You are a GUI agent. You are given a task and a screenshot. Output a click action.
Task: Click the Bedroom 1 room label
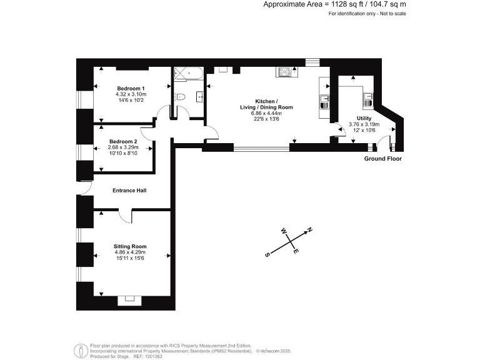click(131, 88)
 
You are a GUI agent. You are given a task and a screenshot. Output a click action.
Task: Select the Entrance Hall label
click(129, 190)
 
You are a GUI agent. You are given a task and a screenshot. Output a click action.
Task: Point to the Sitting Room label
click(129, 246)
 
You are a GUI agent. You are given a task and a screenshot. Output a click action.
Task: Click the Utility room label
click(364, 118)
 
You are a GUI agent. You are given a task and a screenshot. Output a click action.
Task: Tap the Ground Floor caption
click(383, 159)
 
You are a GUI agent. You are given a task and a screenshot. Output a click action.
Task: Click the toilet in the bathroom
click(179, 96)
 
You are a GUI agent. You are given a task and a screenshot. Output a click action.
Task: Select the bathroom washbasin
click(199, 96)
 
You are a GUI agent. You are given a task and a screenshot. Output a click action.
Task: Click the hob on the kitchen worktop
click(285, 72)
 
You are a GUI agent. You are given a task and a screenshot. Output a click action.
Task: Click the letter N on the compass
click(309, 230)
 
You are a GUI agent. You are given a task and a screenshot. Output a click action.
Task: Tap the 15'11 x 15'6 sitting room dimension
click(129, 258)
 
